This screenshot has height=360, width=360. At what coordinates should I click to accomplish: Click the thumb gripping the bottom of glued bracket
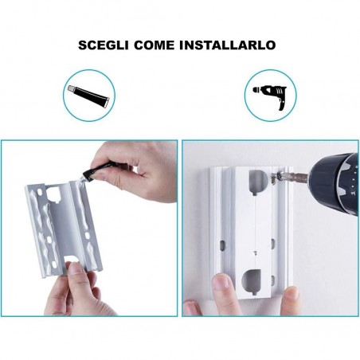77,275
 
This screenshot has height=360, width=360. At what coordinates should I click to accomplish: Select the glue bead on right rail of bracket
88,223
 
